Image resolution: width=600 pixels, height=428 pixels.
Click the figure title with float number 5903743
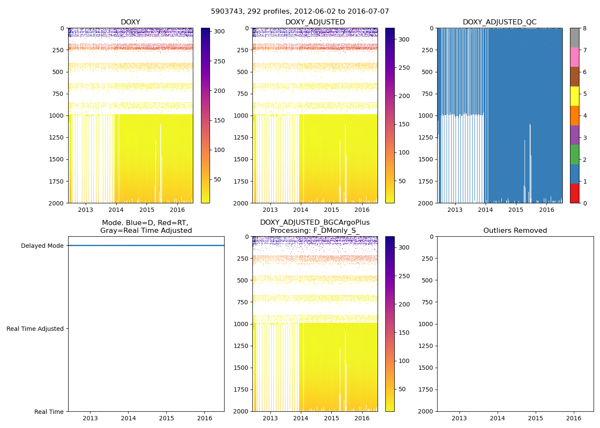tap(300, 12)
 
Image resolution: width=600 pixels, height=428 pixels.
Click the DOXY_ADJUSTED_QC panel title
tap(499, 22)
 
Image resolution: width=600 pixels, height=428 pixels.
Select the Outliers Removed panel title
tap(515, 230)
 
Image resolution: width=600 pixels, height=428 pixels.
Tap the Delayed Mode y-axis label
tap(42, 246)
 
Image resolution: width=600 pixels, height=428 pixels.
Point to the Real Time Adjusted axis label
tap(35, 329)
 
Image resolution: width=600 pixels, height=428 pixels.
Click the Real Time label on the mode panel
tap(49, 412)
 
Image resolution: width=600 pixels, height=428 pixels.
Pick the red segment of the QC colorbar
tap(574, 193)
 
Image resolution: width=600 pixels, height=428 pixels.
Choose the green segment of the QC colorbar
tap(574, 154)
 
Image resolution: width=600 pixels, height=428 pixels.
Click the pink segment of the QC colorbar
tap(574, 57)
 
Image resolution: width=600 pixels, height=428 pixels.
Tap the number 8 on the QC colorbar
tap(585, 28)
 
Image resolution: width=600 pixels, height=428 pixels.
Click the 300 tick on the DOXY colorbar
tap(219, 32)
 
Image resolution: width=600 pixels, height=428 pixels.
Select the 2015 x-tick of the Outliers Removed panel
tap(536, 418)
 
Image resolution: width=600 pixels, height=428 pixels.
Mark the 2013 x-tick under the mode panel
tap(90, 418)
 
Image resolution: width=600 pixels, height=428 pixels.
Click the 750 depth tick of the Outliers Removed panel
tap(426, 302)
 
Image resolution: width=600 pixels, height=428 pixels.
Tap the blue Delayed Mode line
tap(146, 245)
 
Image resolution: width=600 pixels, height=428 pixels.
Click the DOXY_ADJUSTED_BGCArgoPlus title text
tap(315, 223)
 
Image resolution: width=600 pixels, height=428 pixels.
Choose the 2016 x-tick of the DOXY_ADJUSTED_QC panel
tap(546, 210)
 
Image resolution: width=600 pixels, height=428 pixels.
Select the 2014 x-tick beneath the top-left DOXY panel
tap(116, 210)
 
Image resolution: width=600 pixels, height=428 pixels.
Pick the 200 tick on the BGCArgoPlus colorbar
tap(405, 304)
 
